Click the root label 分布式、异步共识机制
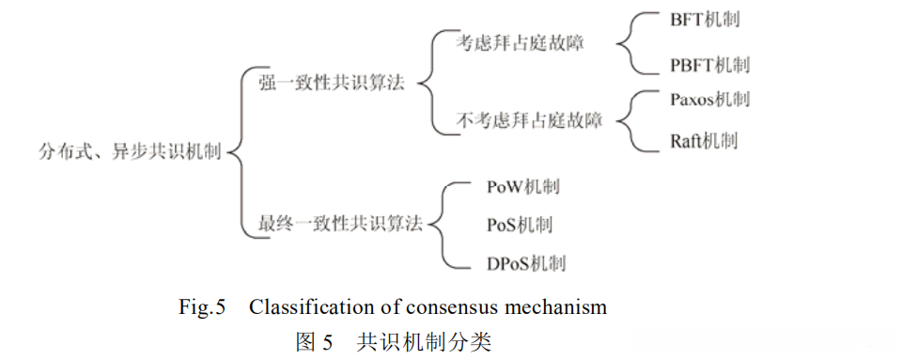(x=129, y=150)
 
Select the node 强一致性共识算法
(x=332, y=83)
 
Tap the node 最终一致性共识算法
(x=340, y=224)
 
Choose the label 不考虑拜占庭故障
(x=529, y=120)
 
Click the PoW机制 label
(x=522, y=186)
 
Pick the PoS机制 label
(x=519, y=225)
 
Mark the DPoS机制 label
(x=525, y=263)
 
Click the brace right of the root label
(x=237, y=150)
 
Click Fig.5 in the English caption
(x=202, y=306)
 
